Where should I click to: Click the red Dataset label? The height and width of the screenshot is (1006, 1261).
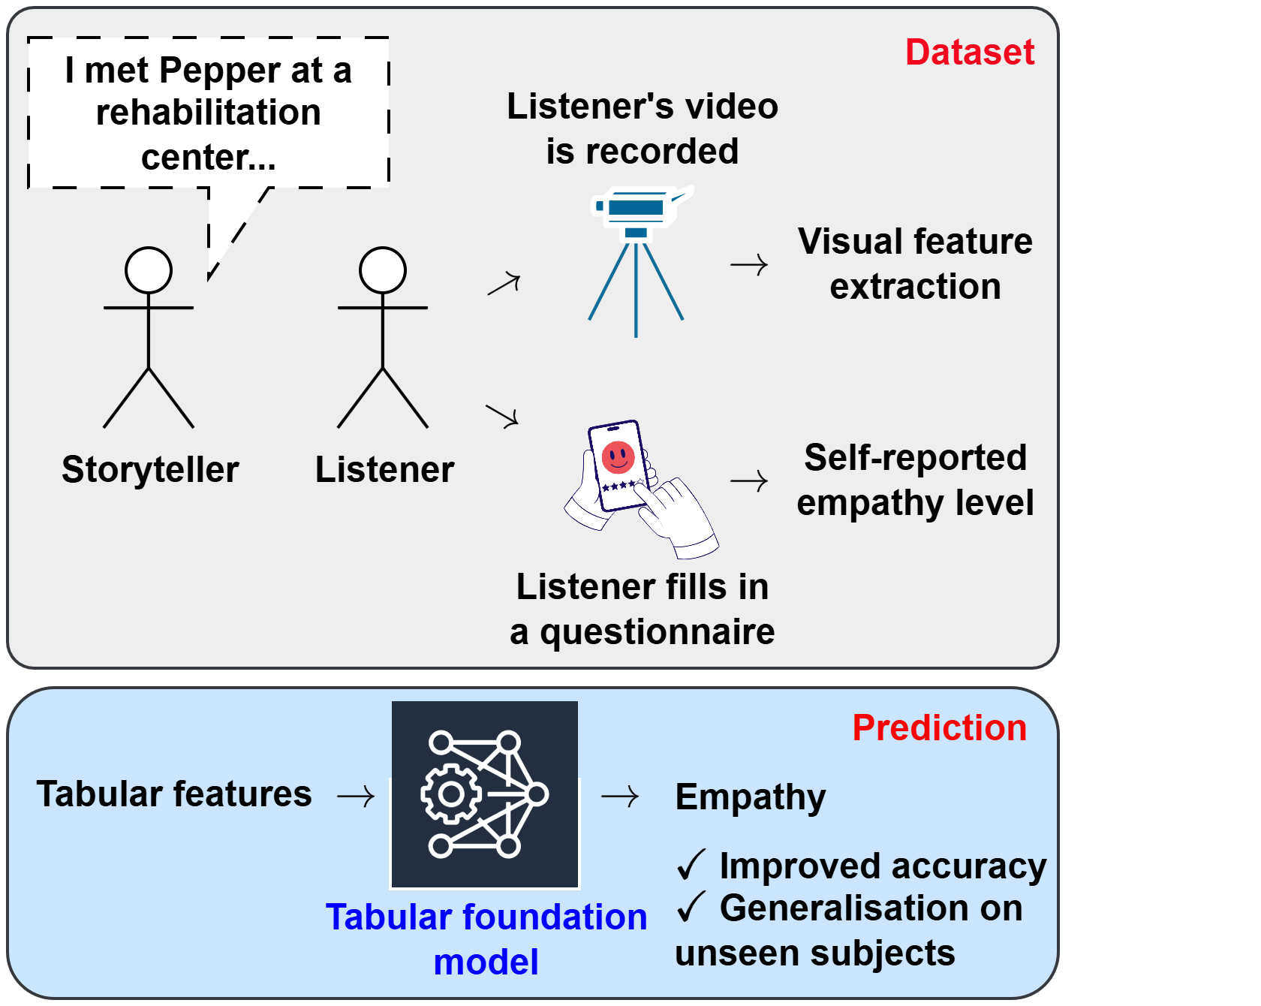(x=970, y=53)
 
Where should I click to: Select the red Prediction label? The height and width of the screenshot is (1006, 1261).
(x=939, y=728)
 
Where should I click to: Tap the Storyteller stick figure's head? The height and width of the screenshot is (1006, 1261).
(x=149, y=270)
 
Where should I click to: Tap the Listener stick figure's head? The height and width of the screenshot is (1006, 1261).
(x=383, y=270)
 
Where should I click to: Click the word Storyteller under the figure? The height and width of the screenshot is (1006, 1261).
(x=150, y=470)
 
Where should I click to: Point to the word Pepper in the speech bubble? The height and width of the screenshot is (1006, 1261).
(x=220, y=71)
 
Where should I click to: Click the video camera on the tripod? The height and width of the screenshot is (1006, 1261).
(x=638, y=206)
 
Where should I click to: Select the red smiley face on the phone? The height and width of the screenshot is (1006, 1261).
(x=618, y=456)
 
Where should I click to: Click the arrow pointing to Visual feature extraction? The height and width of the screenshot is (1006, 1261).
(x=749, y=265)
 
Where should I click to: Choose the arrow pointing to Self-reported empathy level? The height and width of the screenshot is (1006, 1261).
(x=749, y=480)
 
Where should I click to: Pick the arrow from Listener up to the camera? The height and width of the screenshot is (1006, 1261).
(x=504, y=285)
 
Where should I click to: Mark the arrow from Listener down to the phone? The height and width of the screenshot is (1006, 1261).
(x=502, y=415)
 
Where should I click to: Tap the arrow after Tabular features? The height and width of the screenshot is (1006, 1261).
(x=356, y=796)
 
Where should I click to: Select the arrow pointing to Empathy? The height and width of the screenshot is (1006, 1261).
(x=620, y=796)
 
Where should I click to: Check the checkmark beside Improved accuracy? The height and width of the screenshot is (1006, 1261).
(x=691, y=865)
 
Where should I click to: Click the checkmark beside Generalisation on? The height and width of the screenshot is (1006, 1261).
(x=691, y=907)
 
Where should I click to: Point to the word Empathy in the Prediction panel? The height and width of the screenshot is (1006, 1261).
(x=751, y=797)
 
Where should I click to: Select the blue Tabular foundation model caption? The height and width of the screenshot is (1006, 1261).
(x=486, y=938)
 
